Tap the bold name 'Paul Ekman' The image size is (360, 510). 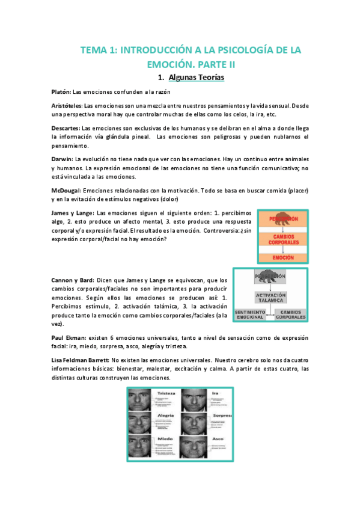69,338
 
